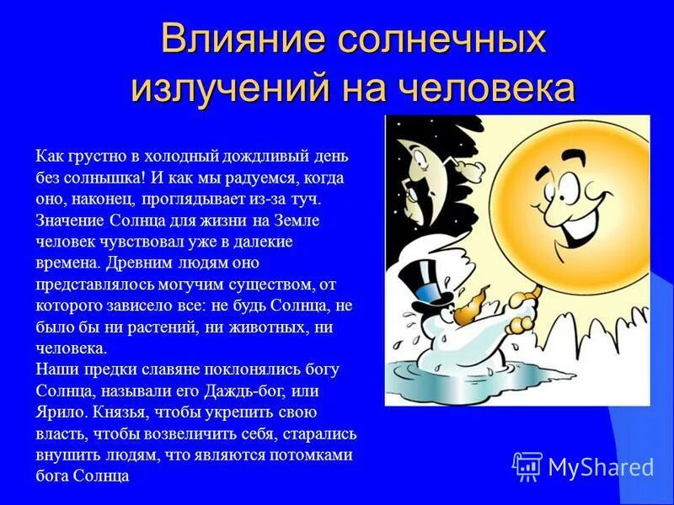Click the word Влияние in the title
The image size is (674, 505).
click(x=237, y=40)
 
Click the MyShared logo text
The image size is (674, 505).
click(x=601, y=466)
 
